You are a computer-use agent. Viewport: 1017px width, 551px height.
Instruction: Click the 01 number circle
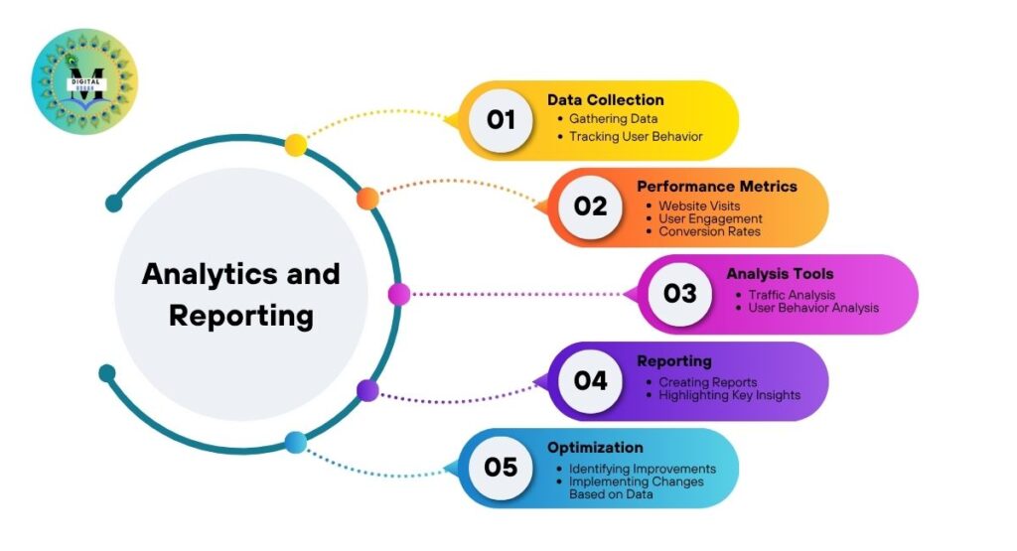(501, 120)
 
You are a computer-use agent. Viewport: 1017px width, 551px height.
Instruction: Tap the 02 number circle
(590, 207)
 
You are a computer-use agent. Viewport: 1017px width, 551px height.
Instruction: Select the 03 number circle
(679, 293)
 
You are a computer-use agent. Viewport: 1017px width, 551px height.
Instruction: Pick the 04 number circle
(590, 380)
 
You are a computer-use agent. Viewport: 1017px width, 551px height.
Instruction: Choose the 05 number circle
(501, 467)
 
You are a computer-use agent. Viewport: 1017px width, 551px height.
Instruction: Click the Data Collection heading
(605, 99)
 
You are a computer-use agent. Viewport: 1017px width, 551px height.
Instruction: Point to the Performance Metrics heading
(716, 186)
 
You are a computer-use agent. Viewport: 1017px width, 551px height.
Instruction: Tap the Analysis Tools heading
(780, 273)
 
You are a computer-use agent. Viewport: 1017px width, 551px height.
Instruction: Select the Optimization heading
(595, 447)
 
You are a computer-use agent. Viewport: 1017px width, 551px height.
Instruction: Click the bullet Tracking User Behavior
(636, 136)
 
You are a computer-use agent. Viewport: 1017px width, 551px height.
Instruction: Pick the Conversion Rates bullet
(709, 231)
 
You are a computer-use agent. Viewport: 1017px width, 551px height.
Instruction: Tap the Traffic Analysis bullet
(792, 295)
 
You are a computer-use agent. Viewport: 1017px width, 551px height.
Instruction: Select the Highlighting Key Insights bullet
(729, 395)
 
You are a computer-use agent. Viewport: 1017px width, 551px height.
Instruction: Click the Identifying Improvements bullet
(642, 468)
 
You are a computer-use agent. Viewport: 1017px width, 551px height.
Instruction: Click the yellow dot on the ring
(295, 145)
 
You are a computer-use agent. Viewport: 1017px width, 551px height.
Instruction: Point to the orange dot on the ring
(367, 198)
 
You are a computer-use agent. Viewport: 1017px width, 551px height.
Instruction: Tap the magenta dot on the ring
(398, 294)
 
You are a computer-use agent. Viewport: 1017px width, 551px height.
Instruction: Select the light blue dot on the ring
(295, 443)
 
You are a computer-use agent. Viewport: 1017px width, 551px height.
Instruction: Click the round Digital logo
(84, 81)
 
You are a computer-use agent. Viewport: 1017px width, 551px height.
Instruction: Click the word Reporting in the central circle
(240, 316)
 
